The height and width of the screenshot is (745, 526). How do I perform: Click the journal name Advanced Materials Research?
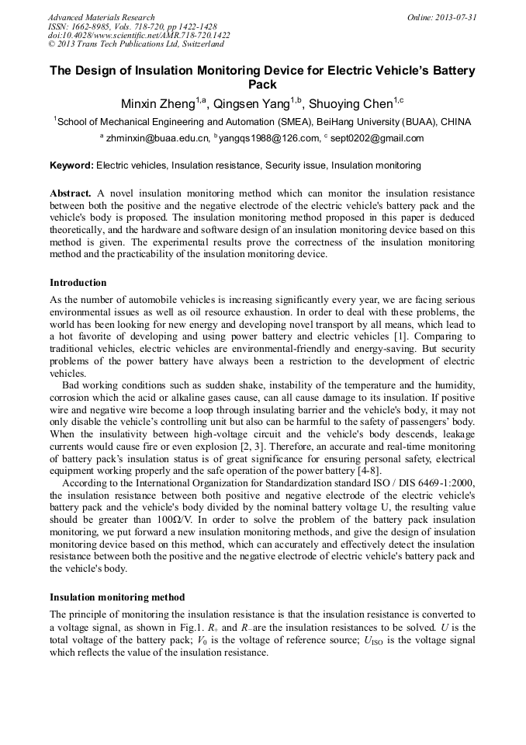pyautogui.click(x=101, y=17)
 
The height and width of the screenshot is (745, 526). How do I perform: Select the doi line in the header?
pyautogui.click(x=138, y=36)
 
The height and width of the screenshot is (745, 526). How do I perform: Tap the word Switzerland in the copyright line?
pyautogui.click(x=196, y=44)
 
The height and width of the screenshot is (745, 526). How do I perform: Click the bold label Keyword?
pyautogui.click(x=71, y=165)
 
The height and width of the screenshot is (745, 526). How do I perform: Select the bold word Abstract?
pyautogui.click(x=71, y=192)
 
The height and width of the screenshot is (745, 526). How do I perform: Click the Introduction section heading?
pyautogui.click(x=78, y=283)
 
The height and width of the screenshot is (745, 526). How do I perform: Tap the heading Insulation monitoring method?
pyautogui.click(x=117, y=597)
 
